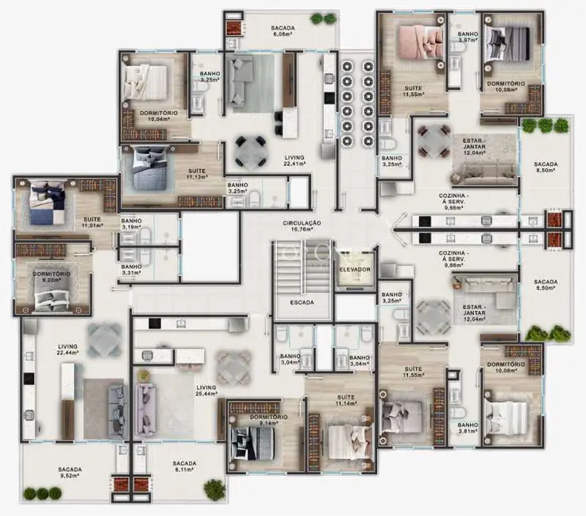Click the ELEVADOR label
[x=354, y=270]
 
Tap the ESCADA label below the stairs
[x=301, y=302]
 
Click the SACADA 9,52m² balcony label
[x=70, y=474]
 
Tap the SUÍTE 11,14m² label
[x=346, y=401]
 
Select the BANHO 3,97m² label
[x=467, y=37]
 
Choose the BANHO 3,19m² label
[x=131, y=225]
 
